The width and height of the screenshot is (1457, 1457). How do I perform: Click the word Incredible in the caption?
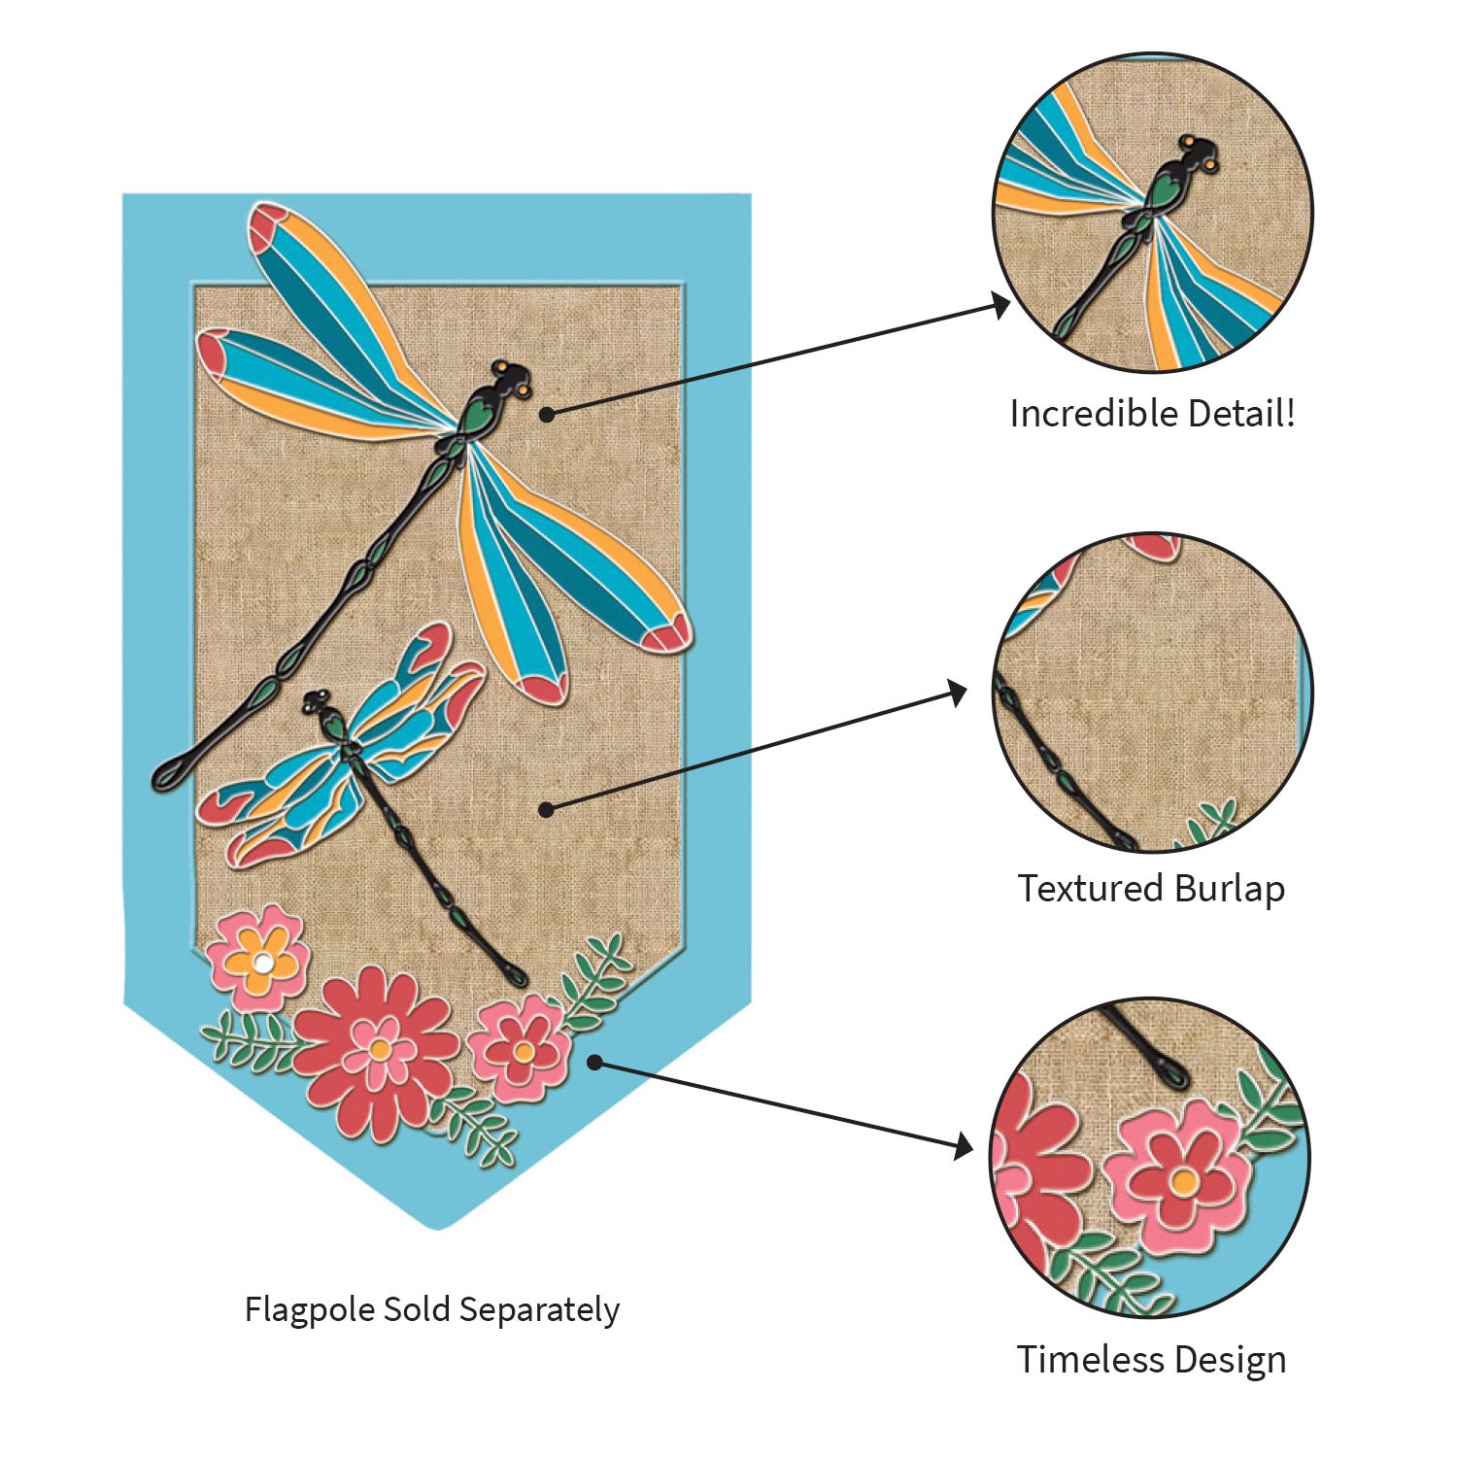click(1078, 414)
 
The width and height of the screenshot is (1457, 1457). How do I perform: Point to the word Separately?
click(539, 1310)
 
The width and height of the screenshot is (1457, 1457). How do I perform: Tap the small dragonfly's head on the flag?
click(317, 700)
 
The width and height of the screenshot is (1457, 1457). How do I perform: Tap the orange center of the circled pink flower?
click(1183, 1182)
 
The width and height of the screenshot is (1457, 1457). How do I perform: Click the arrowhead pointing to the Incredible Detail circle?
click(1000, 305)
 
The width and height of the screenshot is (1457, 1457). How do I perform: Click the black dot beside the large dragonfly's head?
click(547, 415)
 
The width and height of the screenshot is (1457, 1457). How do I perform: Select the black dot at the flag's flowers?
click(595, 1063)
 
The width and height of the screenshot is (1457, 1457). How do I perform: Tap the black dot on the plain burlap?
click(547, 808)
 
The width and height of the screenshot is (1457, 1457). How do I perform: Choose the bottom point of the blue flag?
click(439, 1226)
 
